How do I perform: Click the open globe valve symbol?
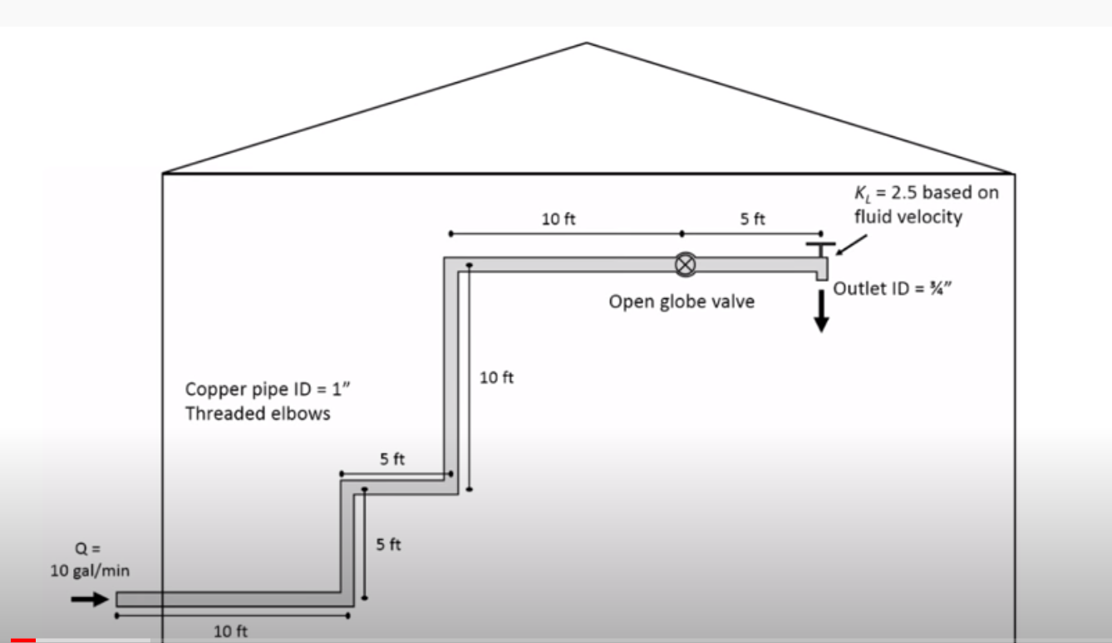coord(685,264)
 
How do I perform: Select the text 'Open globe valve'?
coord(681,302)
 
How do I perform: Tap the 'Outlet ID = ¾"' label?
coord(890,288)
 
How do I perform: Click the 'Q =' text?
coord(89,549)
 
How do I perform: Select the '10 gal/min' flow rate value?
coord(90,571)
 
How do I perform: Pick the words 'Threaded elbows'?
coord(258,413)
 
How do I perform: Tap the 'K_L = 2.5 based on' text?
coord(927,194)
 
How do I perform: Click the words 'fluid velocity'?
coord(908,217)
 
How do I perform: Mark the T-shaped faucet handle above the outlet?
coord(819,247)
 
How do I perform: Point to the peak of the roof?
coord(587,43)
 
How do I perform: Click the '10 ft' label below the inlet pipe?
coord(230,631)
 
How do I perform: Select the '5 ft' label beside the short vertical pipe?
coord(388,545)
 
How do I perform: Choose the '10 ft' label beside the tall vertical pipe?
coord(497,378)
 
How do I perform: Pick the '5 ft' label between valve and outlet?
coord(753,219)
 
